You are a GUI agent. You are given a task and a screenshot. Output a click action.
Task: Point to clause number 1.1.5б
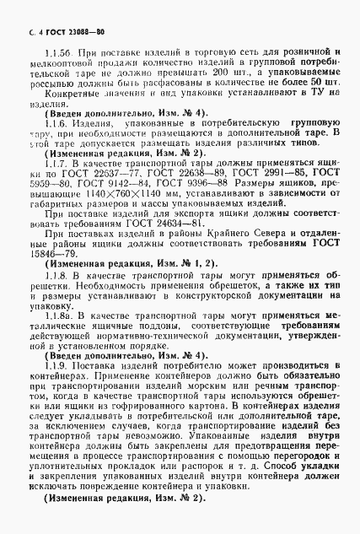[47, 52]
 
